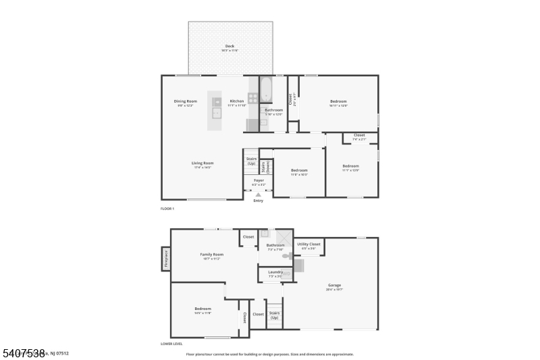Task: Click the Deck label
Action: coord(230,47)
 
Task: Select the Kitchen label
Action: coord(236,101)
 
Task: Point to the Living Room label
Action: coord(202,163)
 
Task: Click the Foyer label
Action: coord(259,180)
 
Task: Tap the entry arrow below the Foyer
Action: coord(258,195)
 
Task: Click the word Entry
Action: coord(258,201)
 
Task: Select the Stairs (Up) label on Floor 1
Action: coord(251,161)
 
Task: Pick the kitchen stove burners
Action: coord(252,97)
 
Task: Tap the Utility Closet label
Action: coord(308,244)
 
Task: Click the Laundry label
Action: coord(275,272)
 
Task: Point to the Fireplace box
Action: coord(165,259)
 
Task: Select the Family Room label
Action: coord(211,255)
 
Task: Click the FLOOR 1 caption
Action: coord(167,209)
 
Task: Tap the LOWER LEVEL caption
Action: coord(171,344)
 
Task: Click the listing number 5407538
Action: coord(23,353)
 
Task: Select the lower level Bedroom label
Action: coord(202,309)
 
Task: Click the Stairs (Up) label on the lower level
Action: coord(275,315)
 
